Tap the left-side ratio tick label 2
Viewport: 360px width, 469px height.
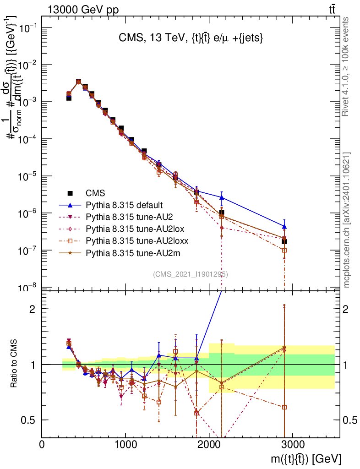(33, 309)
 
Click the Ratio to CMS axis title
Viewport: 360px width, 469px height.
(14, 364)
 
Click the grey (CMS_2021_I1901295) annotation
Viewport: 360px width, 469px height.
(191, 274)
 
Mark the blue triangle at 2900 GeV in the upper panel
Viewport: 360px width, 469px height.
(284, 226)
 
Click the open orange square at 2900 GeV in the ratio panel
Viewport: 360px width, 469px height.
(284, 407)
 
